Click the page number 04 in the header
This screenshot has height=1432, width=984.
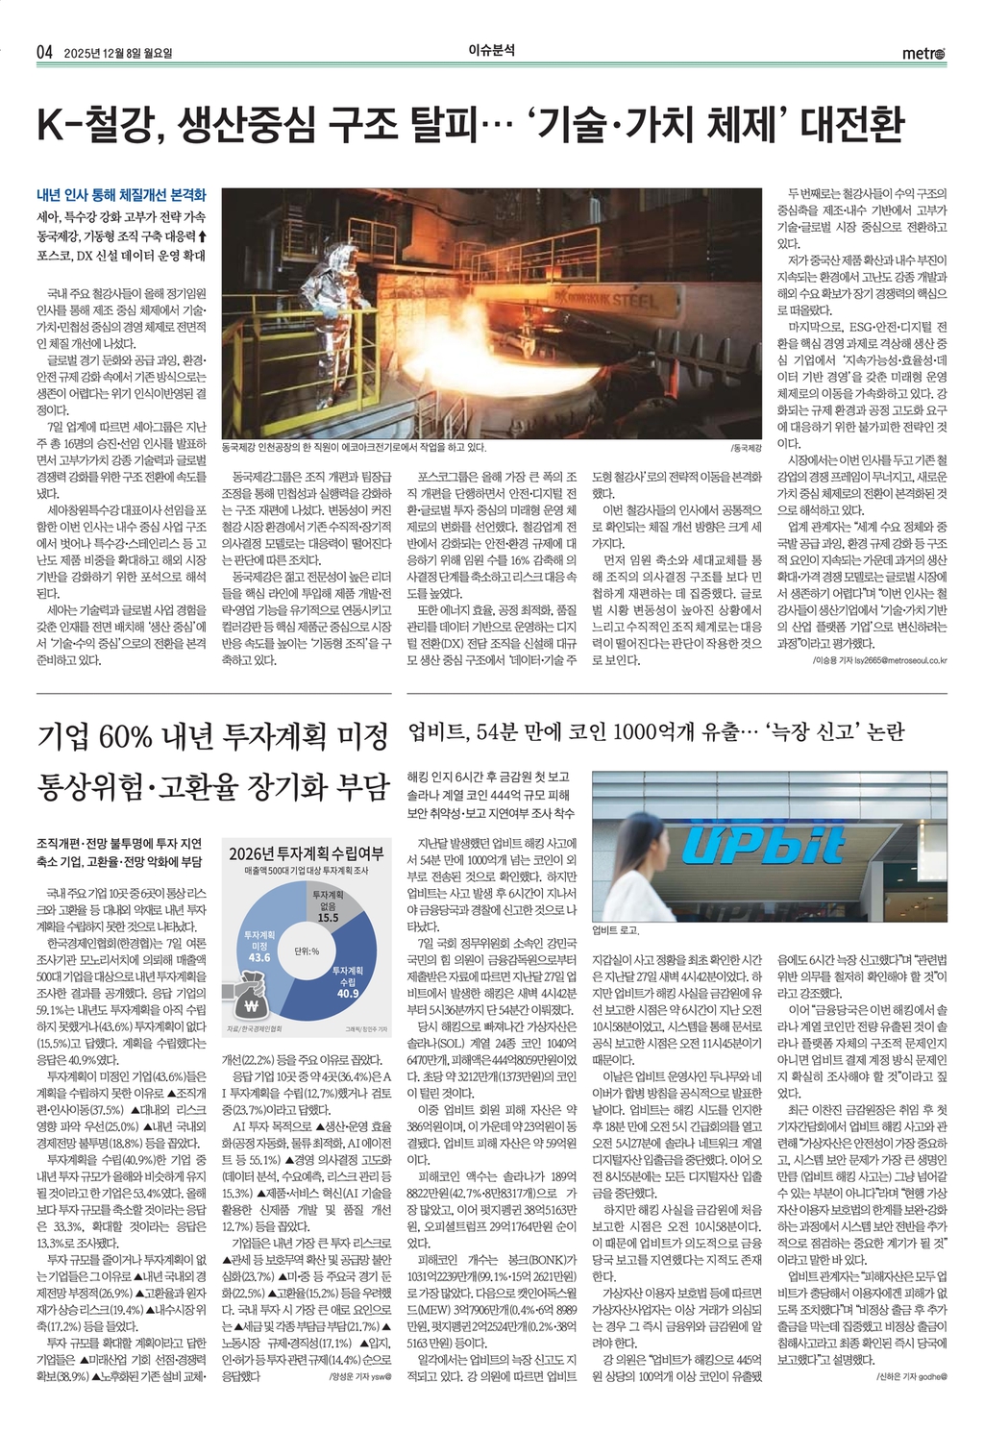pos(44,52)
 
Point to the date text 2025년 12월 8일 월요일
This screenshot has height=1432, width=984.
pos(124,53)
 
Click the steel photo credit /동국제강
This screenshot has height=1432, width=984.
pos(746,448)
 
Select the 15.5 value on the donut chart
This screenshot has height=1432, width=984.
pos(328,917)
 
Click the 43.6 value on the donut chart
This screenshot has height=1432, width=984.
pos(259,957)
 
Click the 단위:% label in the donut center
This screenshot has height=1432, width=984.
pos(307,951)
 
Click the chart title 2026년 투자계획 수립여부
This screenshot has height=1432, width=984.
pos(306,853)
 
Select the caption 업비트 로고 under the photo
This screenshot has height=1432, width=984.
pos(615,930)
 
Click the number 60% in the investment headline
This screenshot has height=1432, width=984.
pos(125,737)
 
